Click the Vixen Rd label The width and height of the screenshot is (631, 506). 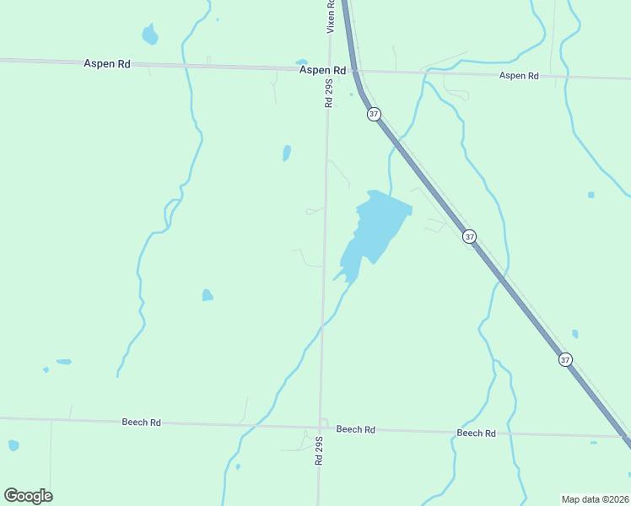(331, 16)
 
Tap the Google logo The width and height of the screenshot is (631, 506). (28, 496)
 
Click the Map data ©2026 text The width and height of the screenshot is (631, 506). (596, 498)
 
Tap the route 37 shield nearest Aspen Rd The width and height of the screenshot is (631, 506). (375, 114)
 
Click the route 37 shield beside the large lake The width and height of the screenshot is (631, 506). (470, 237)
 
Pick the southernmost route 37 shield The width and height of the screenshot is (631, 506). (565, 359)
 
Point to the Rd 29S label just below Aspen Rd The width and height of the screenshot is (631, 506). (329, 92)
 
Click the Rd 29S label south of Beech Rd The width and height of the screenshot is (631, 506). (319, 450)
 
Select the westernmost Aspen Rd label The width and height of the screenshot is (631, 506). (106, 64)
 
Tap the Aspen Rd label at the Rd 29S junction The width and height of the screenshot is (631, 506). (323, 71)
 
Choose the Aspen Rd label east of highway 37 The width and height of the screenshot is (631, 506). (519, 76)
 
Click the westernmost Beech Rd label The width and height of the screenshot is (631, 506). (141, 423)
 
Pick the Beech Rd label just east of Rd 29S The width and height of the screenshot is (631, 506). (355, 429)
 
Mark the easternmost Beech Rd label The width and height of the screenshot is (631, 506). (476, 433)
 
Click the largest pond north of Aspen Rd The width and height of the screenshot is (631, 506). (150, 35)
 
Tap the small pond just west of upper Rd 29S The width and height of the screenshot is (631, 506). (287, 153)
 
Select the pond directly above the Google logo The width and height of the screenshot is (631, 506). (13, 445)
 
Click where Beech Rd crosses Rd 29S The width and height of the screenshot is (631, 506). (321, 426)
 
